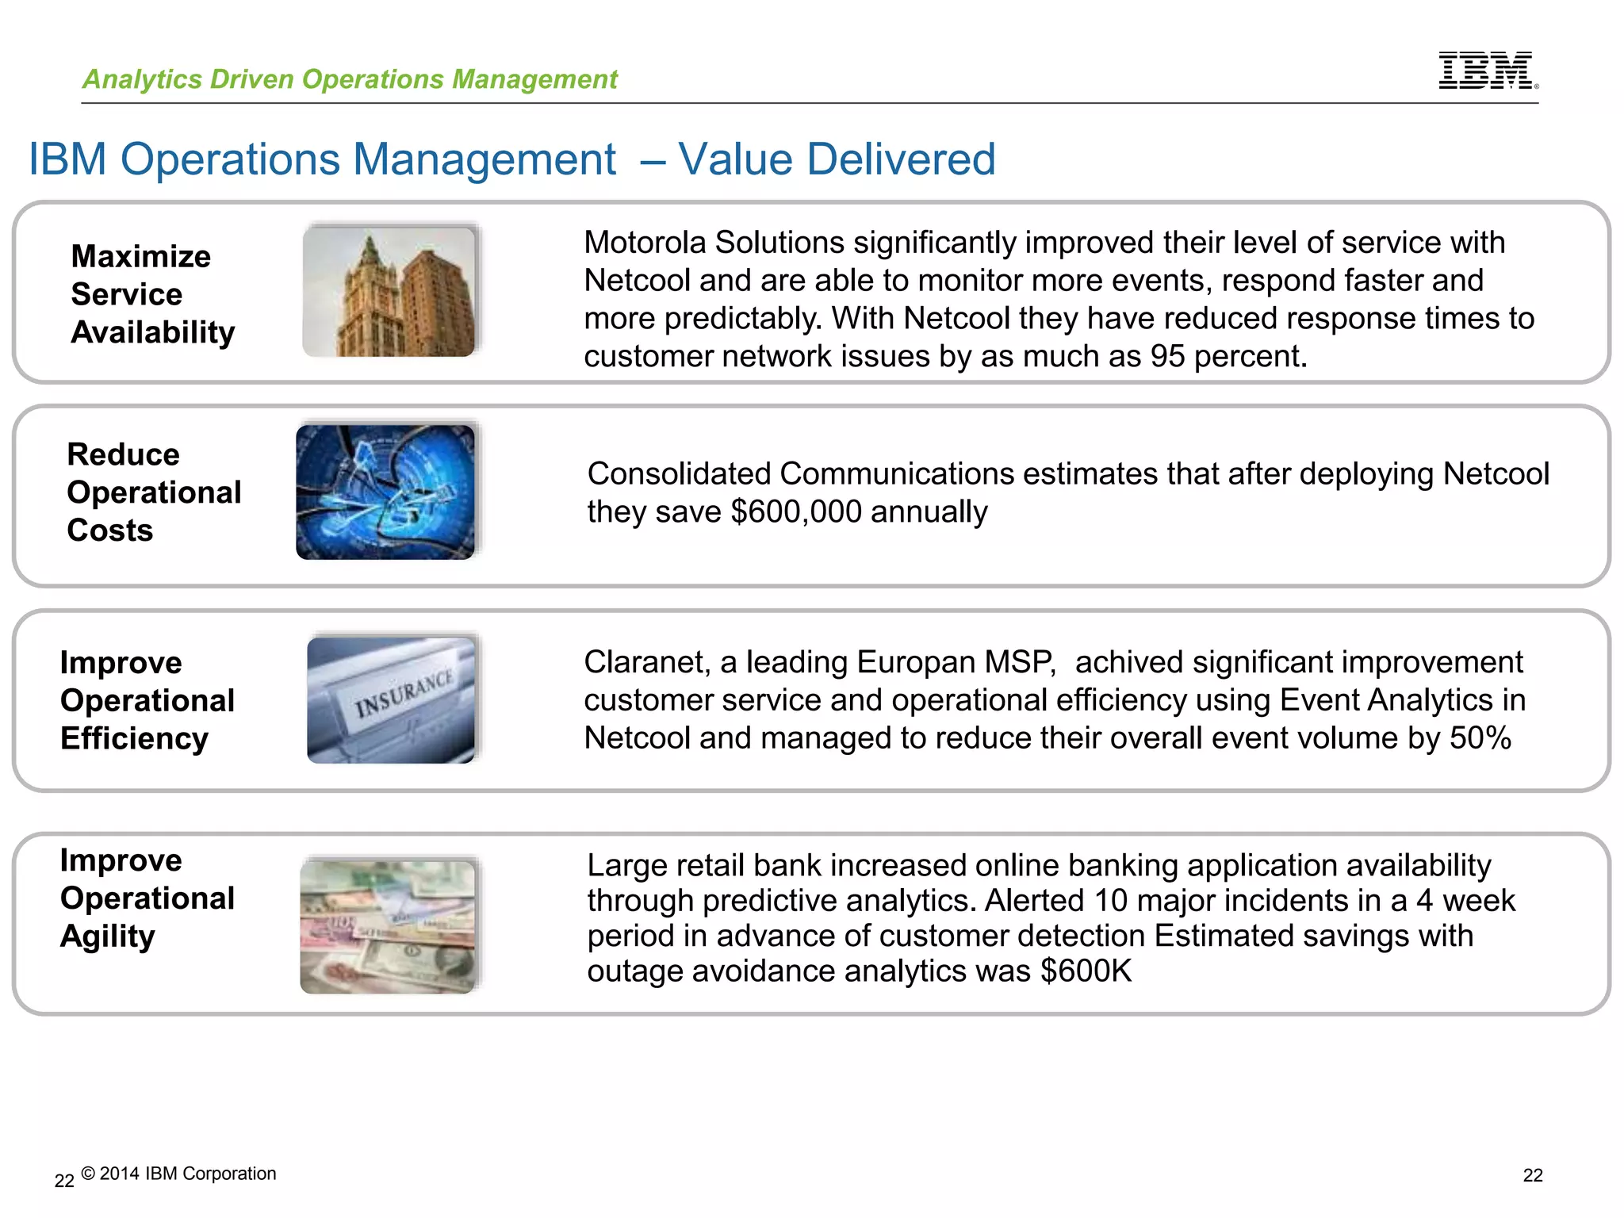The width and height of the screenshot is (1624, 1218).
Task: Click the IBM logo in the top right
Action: point(1487,71)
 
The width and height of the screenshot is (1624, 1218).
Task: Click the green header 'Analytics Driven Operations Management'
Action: point(350,79)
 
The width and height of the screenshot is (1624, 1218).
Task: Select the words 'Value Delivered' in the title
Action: point(837,159)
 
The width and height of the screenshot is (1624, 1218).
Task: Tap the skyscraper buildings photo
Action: point(389,291)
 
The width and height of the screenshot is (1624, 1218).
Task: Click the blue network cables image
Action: point(385,492)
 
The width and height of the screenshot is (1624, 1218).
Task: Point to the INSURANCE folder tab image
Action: point(391,700)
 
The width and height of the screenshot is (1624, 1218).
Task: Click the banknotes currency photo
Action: point(388,926)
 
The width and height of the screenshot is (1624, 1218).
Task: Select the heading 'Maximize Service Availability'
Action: point(152,294)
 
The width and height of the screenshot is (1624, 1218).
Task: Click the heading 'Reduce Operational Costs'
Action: point(153,492)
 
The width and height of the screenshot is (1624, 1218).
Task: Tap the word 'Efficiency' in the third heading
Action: point(134,738)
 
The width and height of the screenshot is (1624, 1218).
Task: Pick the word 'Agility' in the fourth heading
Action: point(108,936)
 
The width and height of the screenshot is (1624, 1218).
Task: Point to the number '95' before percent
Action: point(1167,357)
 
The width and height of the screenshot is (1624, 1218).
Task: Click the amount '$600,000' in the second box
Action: point(795,512)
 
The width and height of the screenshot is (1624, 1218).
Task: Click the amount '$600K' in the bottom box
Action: point(1086,971)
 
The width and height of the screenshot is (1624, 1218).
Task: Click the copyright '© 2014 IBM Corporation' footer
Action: point(178,1174)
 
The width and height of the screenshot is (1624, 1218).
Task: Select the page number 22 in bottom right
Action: point(1532,1176)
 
